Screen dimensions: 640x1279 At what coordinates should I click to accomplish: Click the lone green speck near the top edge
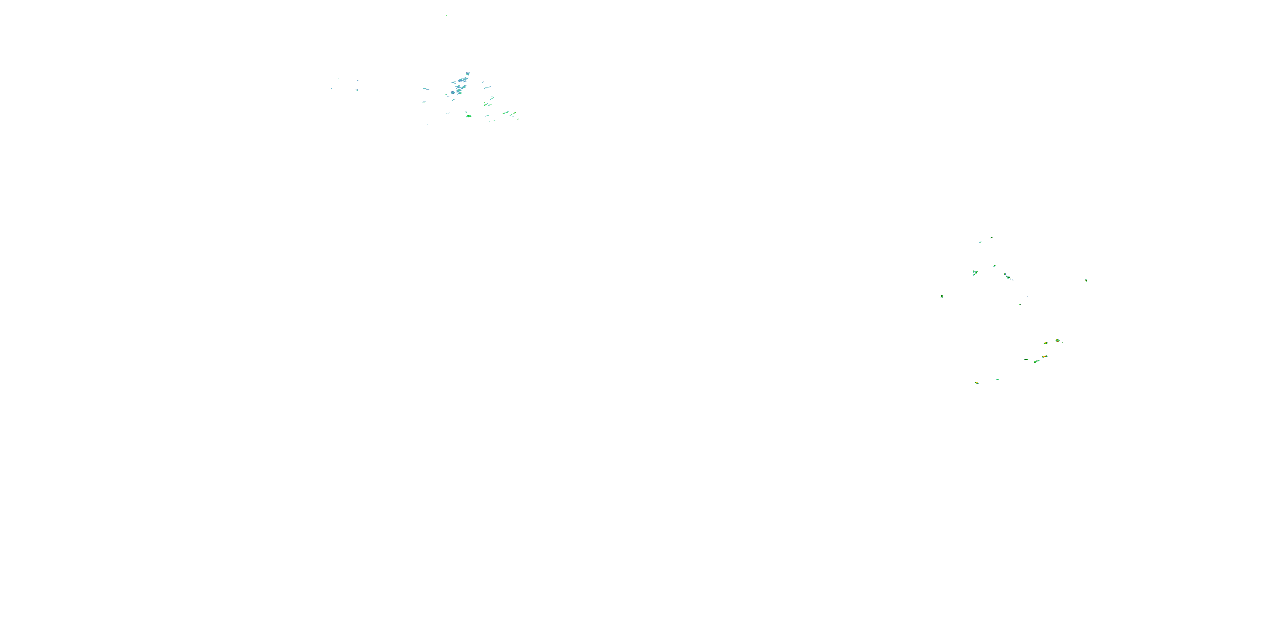coord(446,15)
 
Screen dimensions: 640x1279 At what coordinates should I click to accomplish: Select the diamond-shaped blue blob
coord(453,93)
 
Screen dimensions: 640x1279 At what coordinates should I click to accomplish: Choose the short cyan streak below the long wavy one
coord(424,102)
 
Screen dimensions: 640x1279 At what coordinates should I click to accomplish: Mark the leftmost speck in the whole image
coord(332,89)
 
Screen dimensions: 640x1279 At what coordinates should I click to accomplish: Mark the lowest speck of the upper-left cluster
coord(428,124)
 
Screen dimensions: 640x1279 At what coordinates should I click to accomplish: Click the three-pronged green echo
coord(975,272)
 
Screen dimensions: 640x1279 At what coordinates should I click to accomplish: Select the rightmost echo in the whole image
coord(1086,280)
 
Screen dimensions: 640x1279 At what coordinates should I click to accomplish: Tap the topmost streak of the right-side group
coord(991,238)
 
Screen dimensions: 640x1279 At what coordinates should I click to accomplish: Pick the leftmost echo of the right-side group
coord(941,296)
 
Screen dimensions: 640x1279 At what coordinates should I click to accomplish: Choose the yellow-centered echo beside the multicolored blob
coord(1046,343)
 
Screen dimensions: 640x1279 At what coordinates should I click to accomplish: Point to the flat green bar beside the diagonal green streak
coord(1026,359)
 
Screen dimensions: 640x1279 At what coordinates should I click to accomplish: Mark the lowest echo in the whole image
coord(976,383)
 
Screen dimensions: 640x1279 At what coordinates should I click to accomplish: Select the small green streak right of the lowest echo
coord(998,379)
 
